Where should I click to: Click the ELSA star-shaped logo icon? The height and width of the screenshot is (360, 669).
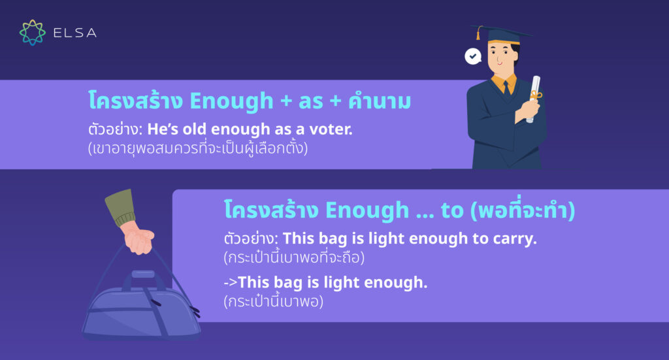[33, 33]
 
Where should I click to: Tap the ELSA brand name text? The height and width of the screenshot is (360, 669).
[75, 33]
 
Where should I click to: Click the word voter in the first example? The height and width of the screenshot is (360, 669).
[331, 129]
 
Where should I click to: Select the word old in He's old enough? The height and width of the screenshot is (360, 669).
[195, 129]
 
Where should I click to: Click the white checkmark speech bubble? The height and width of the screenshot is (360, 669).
[473, 56]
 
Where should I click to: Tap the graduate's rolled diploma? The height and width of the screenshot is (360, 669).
[533, 99]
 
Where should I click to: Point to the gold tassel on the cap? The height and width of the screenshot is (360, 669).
[479, 33]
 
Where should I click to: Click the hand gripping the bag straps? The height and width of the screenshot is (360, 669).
[139, 238]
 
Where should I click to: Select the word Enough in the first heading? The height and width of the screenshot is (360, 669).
[231, 101]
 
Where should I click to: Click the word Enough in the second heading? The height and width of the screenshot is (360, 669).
[367, 211]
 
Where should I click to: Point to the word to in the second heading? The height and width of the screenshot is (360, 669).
[452, 211]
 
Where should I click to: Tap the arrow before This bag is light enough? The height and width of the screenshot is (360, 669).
[231, 282]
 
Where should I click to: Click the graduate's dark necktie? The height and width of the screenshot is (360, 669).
[506, 88]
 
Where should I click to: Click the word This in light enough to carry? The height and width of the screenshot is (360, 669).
[298, 238]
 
